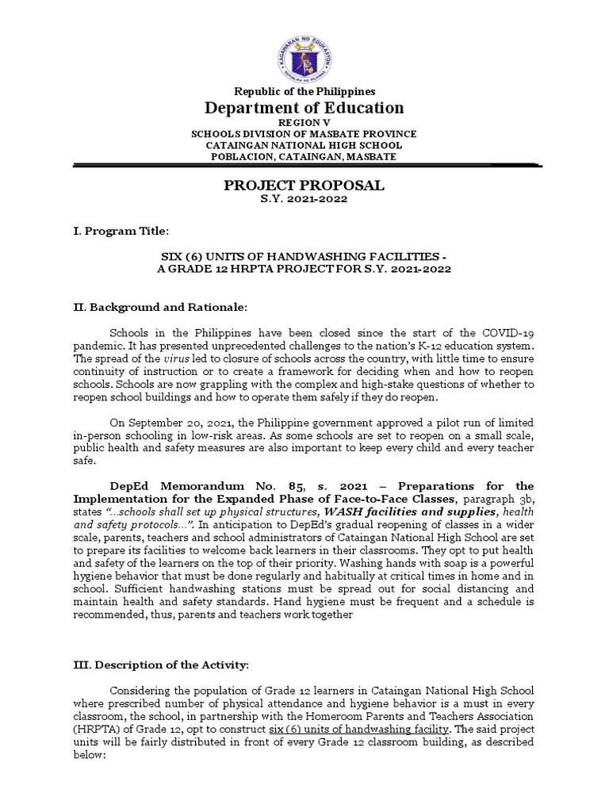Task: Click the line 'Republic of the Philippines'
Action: click(304, 92)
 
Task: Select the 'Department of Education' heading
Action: click(305, 109)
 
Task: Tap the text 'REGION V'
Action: click(304, 124)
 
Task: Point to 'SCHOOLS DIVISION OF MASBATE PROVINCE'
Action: click(304, 135)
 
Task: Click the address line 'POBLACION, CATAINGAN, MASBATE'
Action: click(304, 157)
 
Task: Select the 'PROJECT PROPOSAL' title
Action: click(304, 186)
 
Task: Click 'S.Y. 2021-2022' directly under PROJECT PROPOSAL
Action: click(304, 199)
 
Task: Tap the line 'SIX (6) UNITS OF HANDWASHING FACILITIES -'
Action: click(304, 258)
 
